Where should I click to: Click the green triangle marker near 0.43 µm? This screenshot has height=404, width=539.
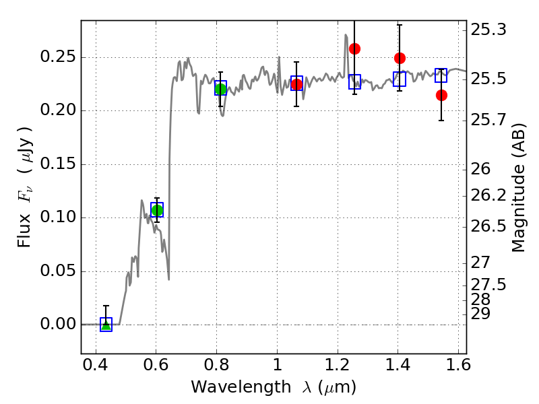(106, 325)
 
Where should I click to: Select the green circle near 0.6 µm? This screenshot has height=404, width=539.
(157, 210)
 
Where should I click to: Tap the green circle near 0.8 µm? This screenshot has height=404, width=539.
(220, 90)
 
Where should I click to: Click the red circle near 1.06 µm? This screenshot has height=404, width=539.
(296, 84)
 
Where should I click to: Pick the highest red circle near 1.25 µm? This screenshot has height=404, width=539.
(354, 48)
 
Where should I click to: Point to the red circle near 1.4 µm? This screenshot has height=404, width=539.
(400, 59)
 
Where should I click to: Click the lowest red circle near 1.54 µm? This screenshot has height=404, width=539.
(441, 95)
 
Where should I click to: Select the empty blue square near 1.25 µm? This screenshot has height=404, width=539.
(355, 81)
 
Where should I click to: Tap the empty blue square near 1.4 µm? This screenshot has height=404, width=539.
(400, 79)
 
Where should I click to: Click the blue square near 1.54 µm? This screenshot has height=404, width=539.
(441, 75)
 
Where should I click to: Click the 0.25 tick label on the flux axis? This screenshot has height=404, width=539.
(57, 57)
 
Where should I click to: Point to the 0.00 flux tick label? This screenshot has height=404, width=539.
(57, 324)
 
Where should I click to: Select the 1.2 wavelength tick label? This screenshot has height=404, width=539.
(338, 364)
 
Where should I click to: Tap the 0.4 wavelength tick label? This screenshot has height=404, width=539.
(96, 364)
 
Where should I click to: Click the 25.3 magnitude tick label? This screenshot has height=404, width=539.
(488, 30)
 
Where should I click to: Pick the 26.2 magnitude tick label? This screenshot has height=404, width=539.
(488, 195)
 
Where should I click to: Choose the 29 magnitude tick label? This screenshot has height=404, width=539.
(480, 314)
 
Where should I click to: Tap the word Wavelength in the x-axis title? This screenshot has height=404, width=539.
(241, 387)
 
